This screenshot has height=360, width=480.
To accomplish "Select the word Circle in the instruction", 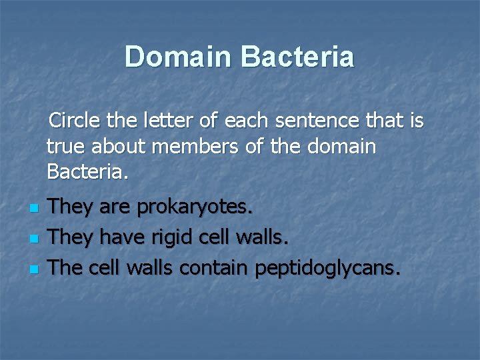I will click(74, 121).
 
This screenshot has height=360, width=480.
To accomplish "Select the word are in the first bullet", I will click(118, 207).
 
